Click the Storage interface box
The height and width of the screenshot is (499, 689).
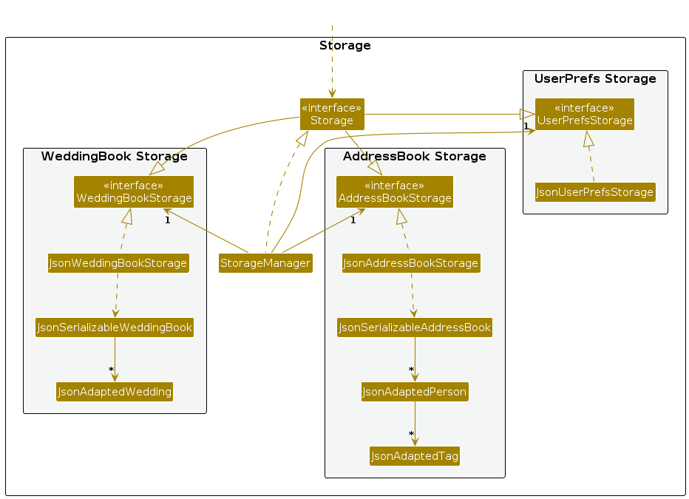tap(332, 114)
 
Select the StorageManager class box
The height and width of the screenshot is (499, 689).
tap(265, 263)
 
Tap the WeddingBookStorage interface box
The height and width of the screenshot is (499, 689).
tap(133, 191)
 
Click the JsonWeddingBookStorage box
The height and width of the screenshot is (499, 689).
tap(118, 263)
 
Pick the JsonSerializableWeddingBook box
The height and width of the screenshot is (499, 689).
tap(115, 327)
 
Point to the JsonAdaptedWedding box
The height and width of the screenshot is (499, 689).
tap(115, 391)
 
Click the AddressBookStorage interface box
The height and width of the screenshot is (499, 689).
tap(394, 191)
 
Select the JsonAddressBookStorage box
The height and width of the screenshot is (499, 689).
tap(411, 263)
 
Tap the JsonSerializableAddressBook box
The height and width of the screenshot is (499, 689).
tap(415, 327)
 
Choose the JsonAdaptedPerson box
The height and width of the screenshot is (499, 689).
tap(415, 392)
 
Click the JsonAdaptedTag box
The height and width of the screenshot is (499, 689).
tap(415, 457)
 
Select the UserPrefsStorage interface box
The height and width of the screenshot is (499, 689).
tap(585, 114)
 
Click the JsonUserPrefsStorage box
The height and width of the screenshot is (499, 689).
tap(595, 192)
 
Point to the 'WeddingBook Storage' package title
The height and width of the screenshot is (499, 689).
tap(115, 157)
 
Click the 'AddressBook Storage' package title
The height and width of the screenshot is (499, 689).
tap(415, 157)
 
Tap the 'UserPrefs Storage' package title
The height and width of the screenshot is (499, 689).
tap(595, 79)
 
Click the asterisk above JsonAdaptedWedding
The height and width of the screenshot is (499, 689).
tap(111, 370)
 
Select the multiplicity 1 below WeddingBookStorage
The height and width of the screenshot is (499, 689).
tap(168, 220)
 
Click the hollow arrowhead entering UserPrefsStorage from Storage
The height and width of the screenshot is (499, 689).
tap(527, 114)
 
